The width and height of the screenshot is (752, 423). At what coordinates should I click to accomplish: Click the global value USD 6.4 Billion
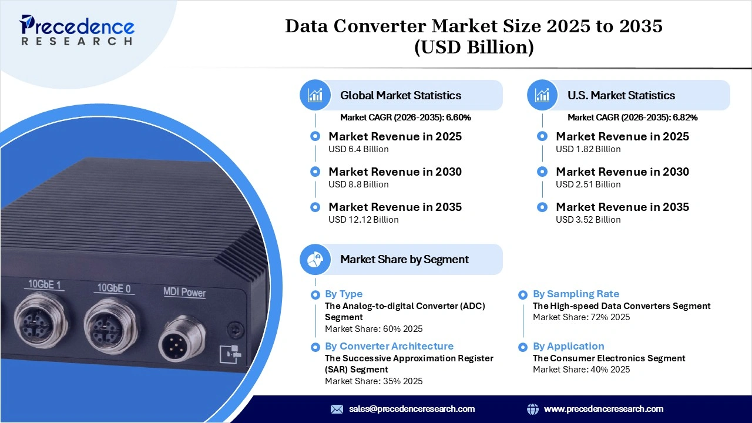tap(358, 149)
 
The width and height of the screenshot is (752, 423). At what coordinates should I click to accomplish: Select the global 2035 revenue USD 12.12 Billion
tap(363, 220)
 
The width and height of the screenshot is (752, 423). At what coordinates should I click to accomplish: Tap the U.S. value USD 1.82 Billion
tap(588, 149)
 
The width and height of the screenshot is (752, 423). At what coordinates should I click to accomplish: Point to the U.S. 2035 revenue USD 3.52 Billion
tap(588, 220)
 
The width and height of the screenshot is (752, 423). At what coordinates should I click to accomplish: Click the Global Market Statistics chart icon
tap(315, 95)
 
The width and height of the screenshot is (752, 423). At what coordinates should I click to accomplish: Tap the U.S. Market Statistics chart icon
tap(542, 95)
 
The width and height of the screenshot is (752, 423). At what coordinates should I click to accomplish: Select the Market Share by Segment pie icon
tap(315, 259)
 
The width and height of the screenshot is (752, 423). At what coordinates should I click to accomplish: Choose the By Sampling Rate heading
tap(576, 294)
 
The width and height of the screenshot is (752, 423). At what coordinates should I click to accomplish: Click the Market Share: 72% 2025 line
tap(581, 317)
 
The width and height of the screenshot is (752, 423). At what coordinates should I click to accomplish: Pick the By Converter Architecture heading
tap(389, 346)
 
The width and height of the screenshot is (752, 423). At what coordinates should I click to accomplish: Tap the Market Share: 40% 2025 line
tap(581, 370)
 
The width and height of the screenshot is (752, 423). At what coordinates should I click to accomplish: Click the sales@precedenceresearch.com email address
tap(411, 409)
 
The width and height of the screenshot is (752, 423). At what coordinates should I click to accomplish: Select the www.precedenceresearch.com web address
tap(603, 409)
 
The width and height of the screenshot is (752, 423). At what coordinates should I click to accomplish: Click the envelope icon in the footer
tap(337, 409)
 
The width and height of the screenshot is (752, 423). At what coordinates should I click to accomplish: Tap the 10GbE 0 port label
tap(114, 288)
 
